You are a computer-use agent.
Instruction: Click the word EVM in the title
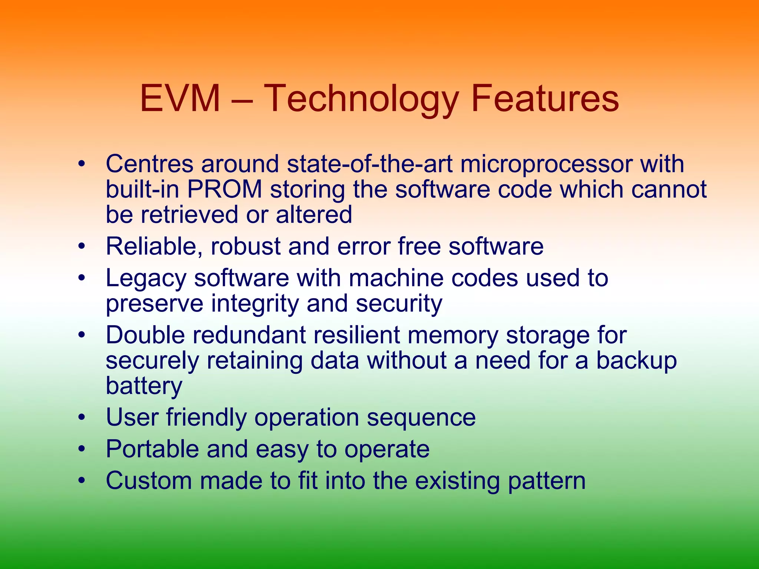click(x=180, y=99)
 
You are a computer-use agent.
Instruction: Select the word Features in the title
click(x=545, y=99)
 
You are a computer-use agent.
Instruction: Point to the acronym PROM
click(x=225, y=189)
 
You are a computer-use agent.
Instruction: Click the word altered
click(x=314, y=214)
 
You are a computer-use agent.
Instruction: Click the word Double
click(x=145, y=335)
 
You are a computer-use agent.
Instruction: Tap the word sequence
click(x=421, y=417)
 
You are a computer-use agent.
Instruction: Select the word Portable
click(x=152, y=449)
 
